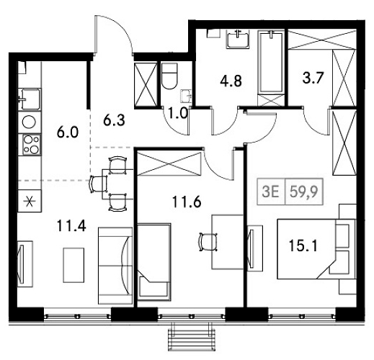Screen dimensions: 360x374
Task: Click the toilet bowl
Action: [169, 75]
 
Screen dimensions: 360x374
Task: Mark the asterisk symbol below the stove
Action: [30, 200]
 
